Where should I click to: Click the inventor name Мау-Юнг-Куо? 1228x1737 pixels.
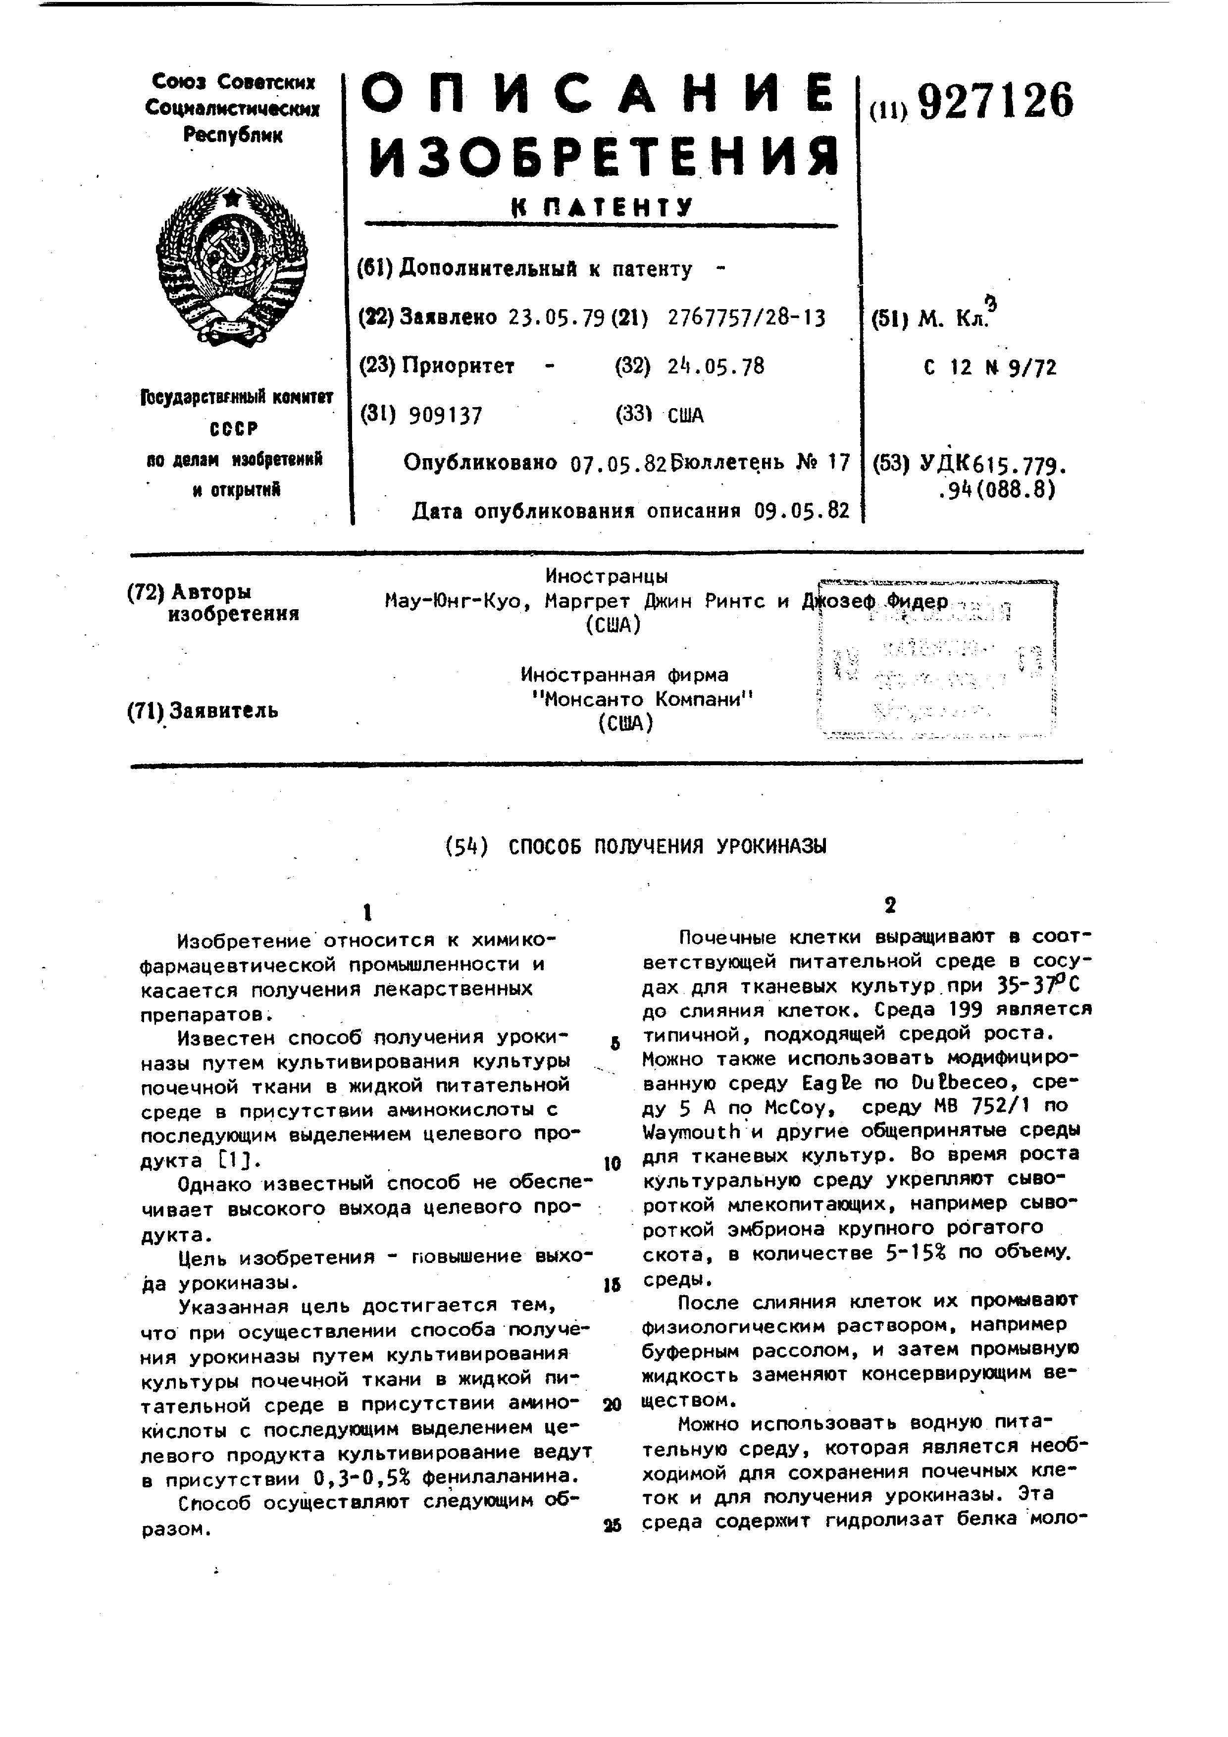pos(452,601)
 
